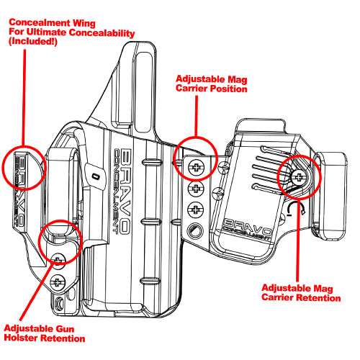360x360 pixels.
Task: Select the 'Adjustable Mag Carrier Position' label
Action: pyautogui.click(x=210, y=84)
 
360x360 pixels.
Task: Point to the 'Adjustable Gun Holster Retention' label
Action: pyautogui.click(x=45, y=333)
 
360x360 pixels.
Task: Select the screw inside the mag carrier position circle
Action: pyautogui.click(x=194, y=167)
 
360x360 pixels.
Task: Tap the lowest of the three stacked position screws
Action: pyautogui.click(x=194, y=210)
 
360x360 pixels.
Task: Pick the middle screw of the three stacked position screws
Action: pyautogui.click(x=194, y=189)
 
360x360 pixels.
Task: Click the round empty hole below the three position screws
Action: pyautogui.click(x=193, y=232)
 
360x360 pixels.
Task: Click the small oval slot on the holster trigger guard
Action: pyautogui.click(x=94, y=175)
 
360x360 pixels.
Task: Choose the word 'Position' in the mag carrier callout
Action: pyautogui.click(x=227, y=90)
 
